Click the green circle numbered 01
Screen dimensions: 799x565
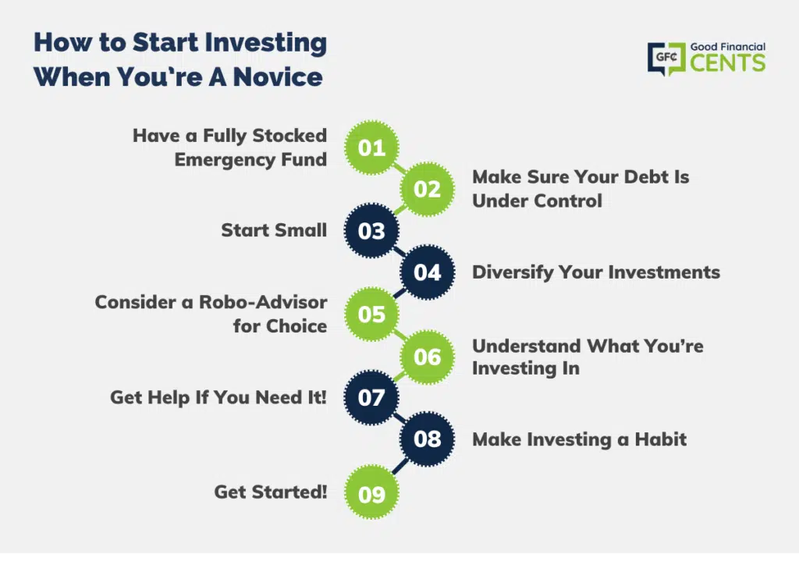click(x=371, y=147)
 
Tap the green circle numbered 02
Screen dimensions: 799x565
click(x=427, y=190)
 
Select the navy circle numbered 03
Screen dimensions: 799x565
click(x=371, y=231)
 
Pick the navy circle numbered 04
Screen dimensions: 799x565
click(x=427, y=272)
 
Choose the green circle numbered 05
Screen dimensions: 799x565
click(x=371, y=314)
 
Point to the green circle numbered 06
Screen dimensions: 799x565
click(x=427, y=357)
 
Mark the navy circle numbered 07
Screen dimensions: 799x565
click(x=371, y=397)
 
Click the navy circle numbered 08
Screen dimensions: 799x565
click(x=427, y=439)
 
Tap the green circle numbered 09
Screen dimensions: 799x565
click(x=371, y=492)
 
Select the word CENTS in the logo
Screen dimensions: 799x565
click(x=728, y=63)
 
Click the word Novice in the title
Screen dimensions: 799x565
click(x=278, y=77)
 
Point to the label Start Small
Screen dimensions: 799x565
click(x=274, y=230)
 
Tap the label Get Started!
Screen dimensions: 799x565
click(x=271, y=492)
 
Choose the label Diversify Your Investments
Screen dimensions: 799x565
click(x=596, y=272)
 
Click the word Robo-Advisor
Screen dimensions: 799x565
click(x=263, y=302)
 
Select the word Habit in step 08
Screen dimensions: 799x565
click(x=660, y=439)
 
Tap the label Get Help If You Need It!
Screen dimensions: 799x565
click(x=218, y=397)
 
